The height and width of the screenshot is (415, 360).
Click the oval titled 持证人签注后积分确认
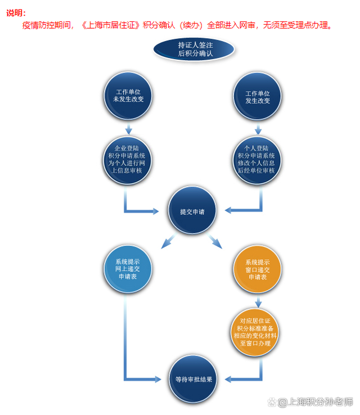click(193, 49)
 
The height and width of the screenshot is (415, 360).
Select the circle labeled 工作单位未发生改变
click(128, 96)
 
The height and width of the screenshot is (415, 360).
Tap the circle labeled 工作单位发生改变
click(257, 97)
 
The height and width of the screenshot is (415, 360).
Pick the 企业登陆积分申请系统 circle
click(127, 160)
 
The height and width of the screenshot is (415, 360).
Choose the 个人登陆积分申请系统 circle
click(256, 160)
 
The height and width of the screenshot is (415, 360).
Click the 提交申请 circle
click(192, 210)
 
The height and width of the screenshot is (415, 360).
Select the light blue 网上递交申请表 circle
click(128, 269)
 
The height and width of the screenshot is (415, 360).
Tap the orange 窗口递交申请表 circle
click(257, 269)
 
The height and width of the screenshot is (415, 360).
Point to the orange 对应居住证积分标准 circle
click(255, 332)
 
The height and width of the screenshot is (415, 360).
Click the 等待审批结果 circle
click(193, 379)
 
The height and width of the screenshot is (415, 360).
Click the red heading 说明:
click(16, 13)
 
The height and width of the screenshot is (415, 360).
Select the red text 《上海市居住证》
click(110, 25)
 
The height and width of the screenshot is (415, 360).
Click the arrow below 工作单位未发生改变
click(129, 128)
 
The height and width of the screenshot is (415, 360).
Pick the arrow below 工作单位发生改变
click(258, 128)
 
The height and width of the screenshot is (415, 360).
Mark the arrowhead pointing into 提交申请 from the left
click(156, 211)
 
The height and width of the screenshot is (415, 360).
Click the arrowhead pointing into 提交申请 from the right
click(228, 210)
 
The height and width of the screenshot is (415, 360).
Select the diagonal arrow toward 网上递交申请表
click(169, 241)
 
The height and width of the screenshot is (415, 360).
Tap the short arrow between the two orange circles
click(258, 302)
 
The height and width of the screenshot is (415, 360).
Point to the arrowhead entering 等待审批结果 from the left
click(158, 379)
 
